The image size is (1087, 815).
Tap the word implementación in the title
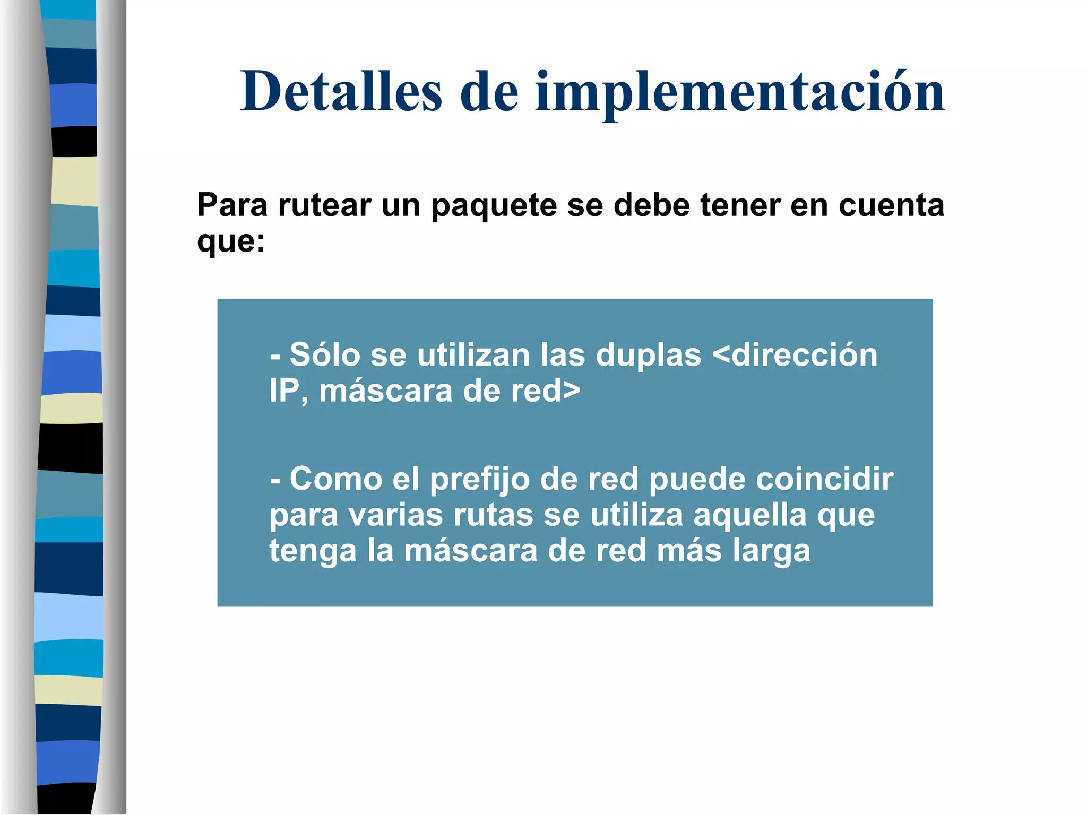tap(740, 92)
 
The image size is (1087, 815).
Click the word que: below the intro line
tap(231, 242)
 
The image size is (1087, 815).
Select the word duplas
tap(648, 356)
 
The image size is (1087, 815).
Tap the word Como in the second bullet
tap(335, 479)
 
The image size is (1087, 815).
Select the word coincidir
tap(824, 479)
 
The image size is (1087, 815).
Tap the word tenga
tap(313, 552)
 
